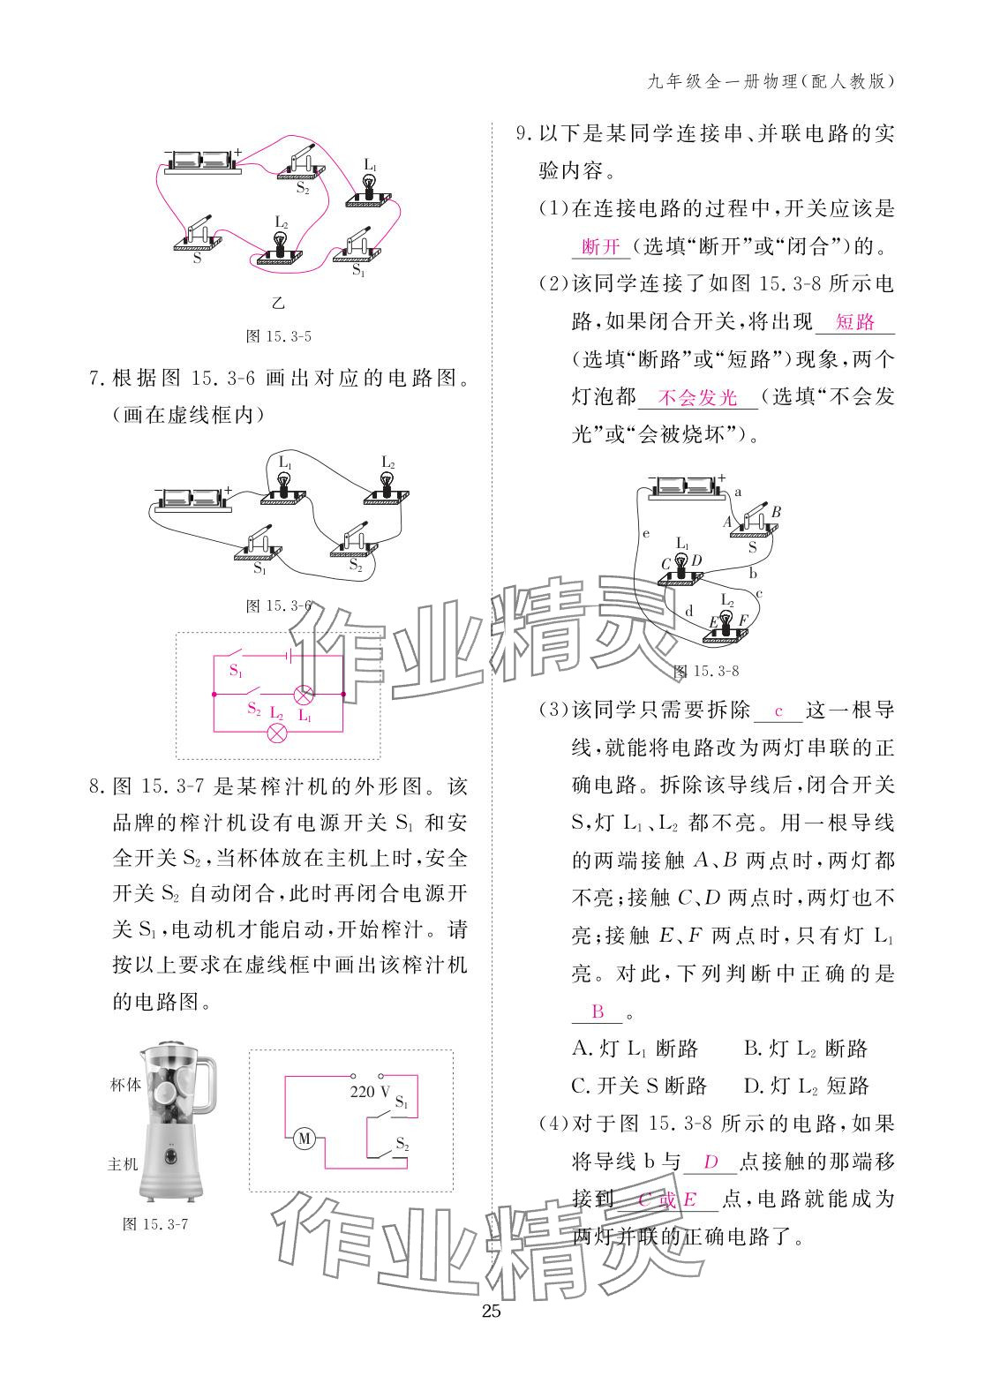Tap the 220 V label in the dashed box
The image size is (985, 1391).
click(370, 1091)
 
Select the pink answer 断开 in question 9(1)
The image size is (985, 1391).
click(601, 246)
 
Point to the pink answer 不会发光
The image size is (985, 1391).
click(697, 398)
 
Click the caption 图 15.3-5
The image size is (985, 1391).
click(279, 336)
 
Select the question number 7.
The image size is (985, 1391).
click(98, 379)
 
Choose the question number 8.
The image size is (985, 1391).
click(98, 786)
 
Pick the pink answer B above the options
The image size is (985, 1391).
click(598, 1011)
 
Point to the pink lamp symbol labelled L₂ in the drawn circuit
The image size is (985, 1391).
click(277, 733)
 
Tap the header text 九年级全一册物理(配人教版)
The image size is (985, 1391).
click(771, 82)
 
